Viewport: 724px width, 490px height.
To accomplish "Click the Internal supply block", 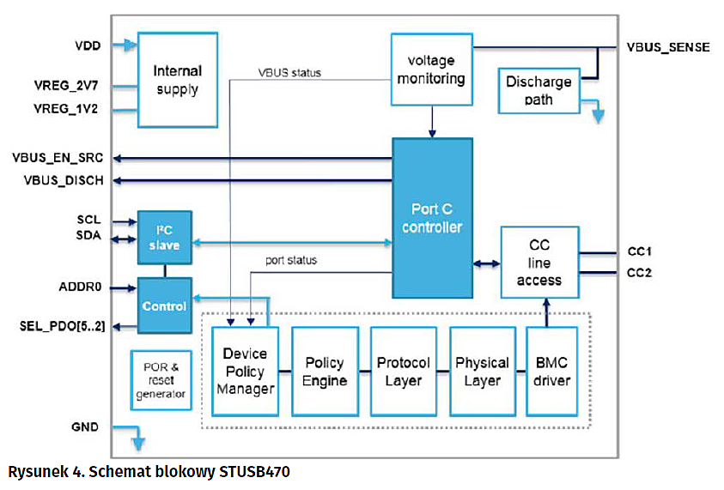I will coord(177,79).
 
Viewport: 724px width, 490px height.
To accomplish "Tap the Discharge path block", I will coord(538,90).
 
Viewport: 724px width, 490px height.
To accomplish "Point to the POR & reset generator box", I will coord(160,378).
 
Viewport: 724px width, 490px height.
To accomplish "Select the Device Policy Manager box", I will coord(245,372).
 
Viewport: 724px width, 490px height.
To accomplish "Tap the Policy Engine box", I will coord(324,372).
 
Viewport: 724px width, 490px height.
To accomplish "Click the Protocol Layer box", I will coord(403,372).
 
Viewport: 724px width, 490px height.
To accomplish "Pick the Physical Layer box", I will coord(482,372).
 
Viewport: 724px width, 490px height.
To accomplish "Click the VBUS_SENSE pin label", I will coord(668,47).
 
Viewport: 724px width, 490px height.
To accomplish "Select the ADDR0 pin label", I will coord(80,287).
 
